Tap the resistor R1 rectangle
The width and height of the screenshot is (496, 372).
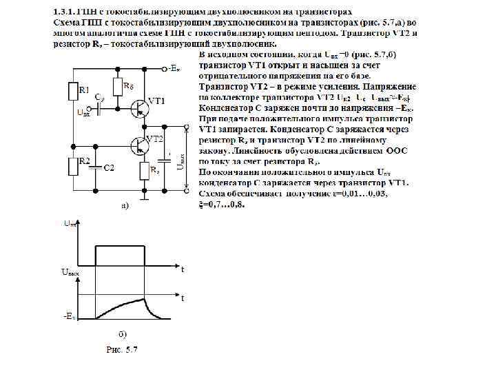point(72,90)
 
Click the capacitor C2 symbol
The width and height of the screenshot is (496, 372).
point(96,167)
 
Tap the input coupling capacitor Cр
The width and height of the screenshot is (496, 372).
point(101,109)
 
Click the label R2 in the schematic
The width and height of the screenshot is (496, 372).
point(84,161)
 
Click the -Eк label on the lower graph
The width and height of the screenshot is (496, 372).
point(69,316)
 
